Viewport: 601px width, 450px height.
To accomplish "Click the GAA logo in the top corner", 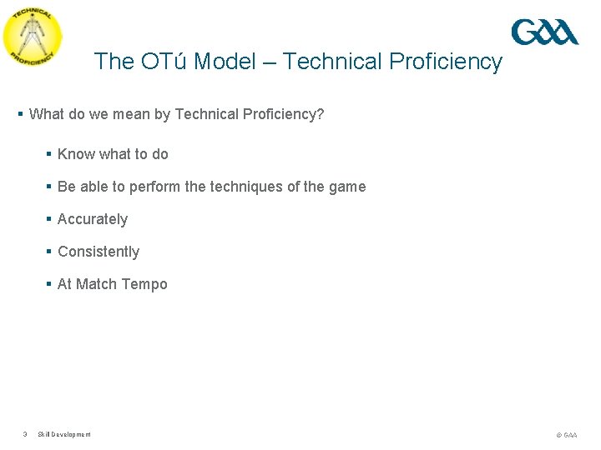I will [544, 32].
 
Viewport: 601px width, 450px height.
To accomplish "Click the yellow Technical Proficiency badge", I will [32, 36].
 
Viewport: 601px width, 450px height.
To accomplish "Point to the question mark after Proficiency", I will [320, 114].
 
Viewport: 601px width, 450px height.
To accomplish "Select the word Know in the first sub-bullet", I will [76, 154].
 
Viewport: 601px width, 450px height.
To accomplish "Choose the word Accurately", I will [93, 219].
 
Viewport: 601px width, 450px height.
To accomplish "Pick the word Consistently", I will [98, 252].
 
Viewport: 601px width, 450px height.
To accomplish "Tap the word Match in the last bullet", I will [97, 284].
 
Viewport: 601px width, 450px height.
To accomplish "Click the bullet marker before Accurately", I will [49, 219].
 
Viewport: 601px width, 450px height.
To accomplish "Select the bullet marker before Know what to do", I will [49, 154].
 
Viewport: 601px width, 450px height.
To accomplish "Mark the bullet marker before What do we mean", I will [21, 114].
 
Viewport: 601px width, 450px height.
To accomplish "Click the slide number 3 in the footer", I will [25, 434].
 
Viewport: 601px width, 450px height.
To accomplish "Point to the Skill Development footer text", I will [64, 434].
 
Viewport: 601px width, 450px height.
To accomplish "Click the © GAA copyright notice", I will [566, 435].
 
